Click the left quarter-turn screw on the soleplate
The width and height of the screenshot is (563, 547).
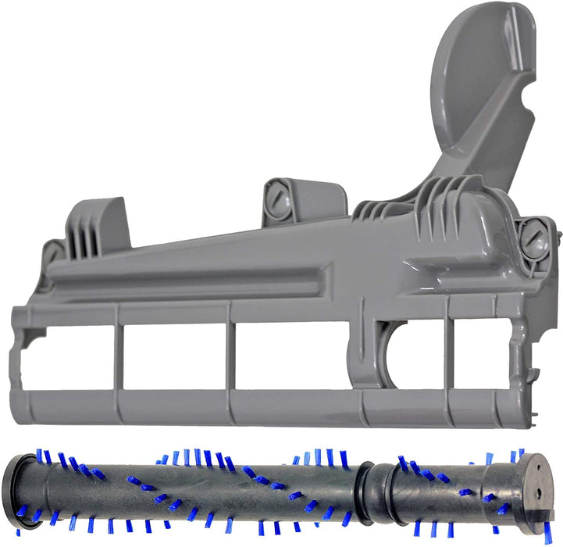[x=52, y=252]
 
